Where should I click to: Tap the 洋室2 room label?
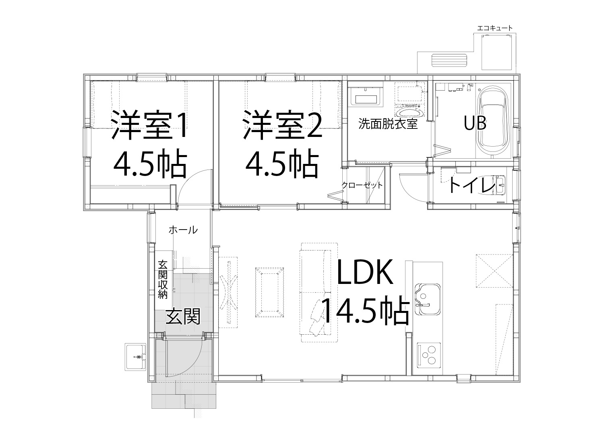click(282, 125)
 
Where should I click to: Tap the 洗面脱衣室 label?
click(388, 124)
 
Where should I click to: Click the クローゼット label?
click(362, 185)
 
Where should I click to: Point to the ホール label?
click(183, 230)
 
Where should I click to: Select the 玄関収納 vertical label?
click(163, 279)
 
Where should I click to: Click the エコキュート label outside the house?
click(495, 28)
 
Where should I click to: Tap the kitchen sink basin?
click(428, 299)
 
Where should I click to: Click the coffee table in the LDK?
click(270, 292)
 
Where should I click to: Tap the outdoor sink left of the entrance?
click(135, 357)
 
